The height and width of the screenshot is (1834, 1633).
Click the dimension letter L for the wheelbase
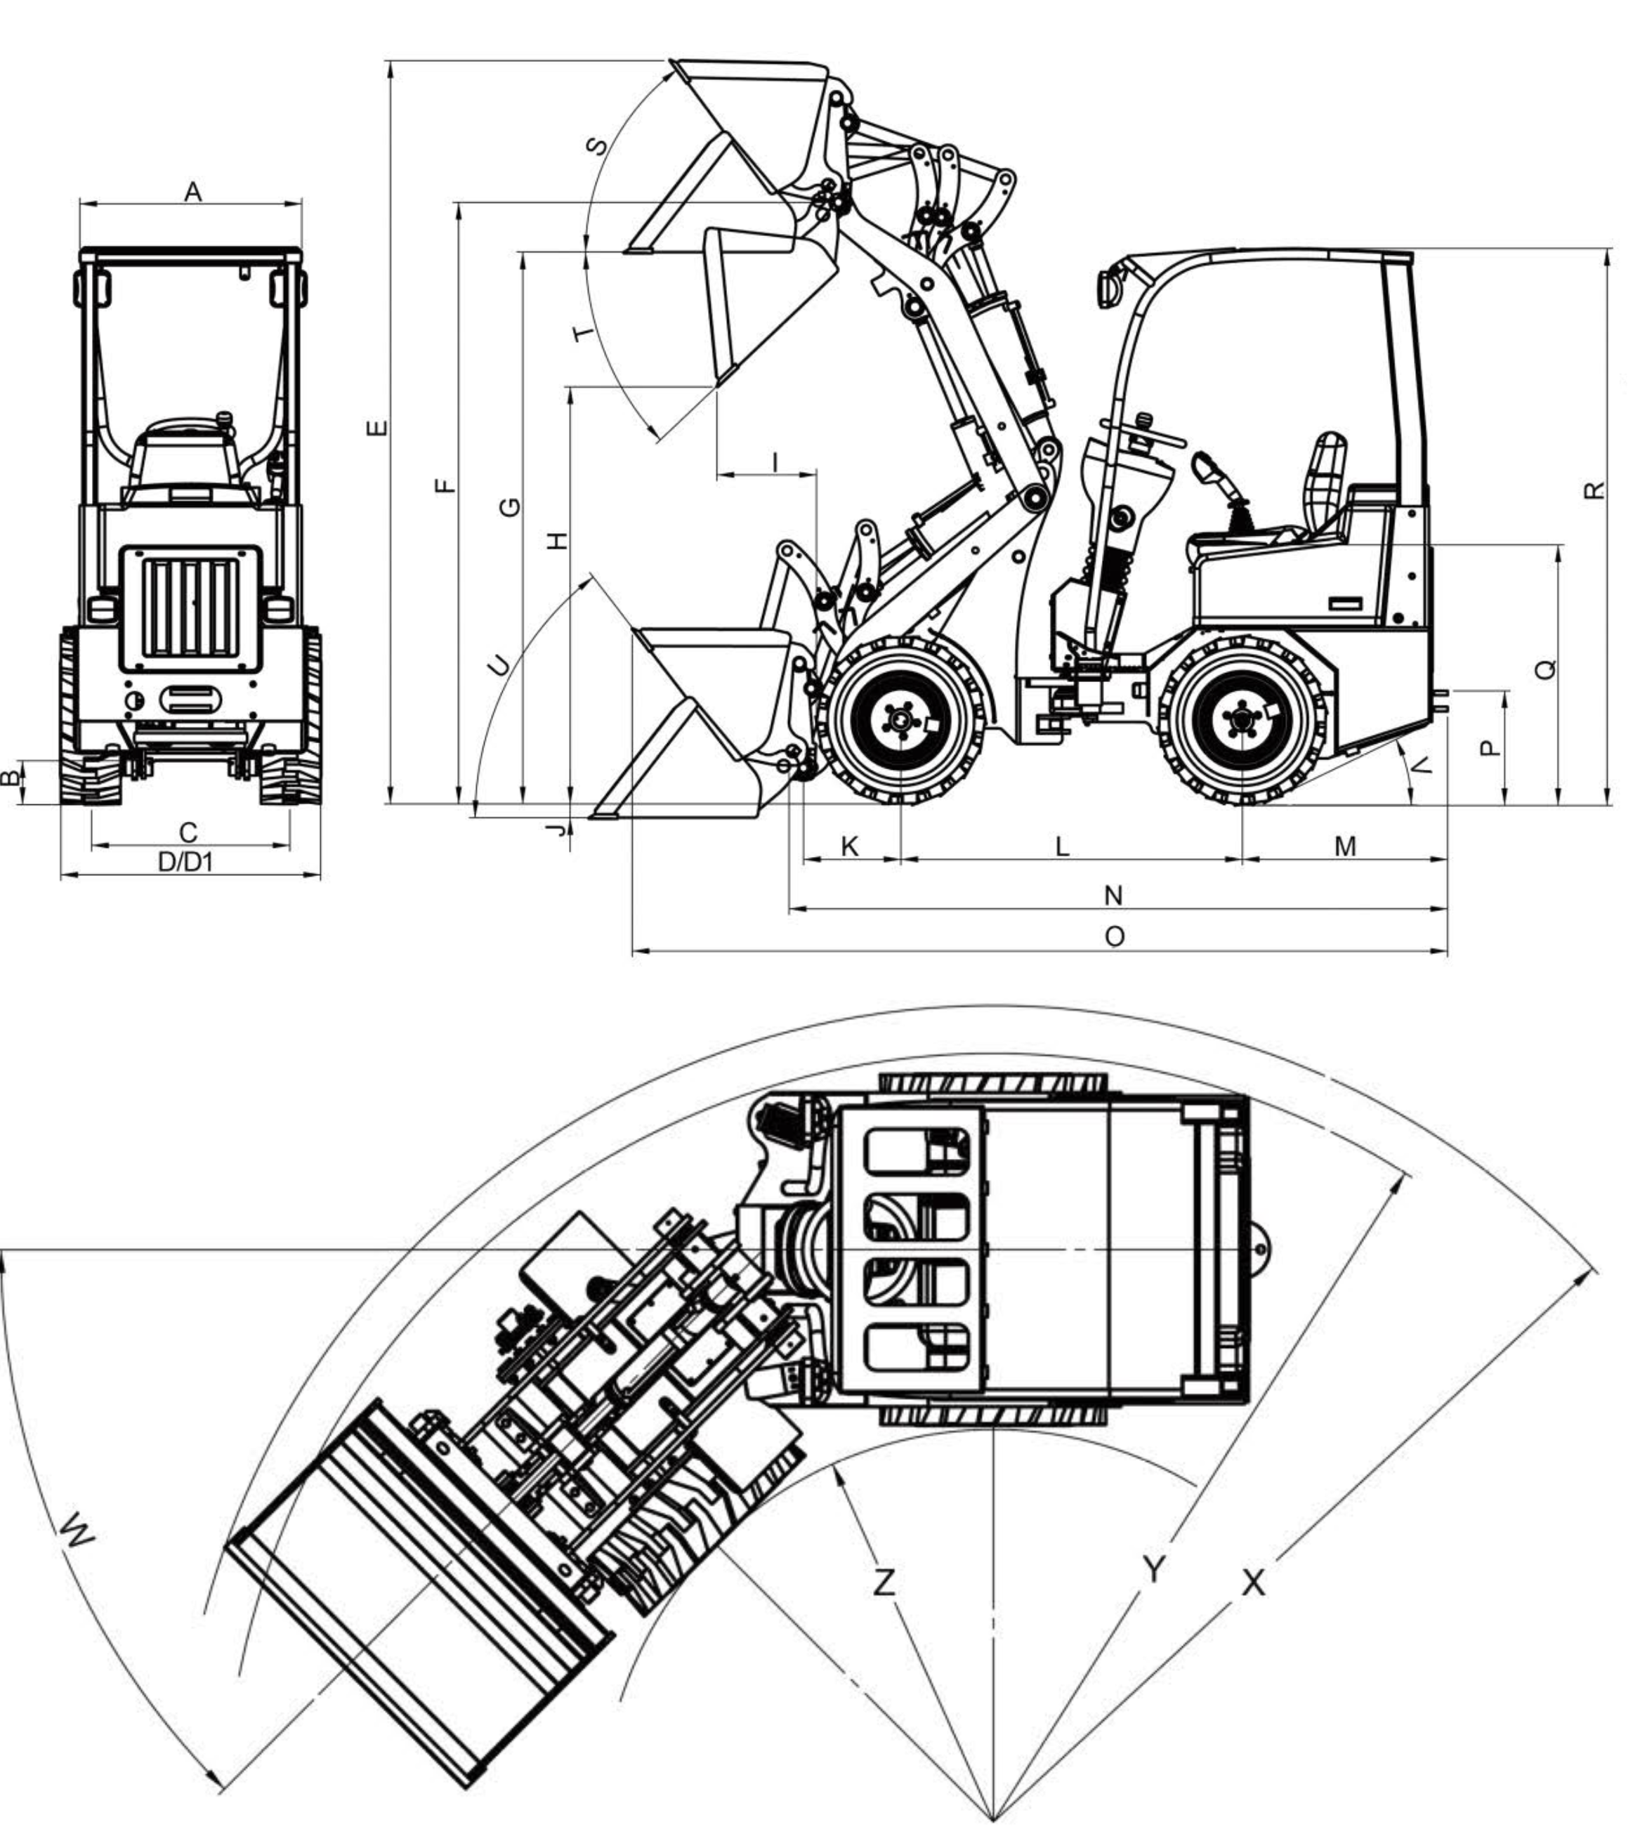click(x=1063, y=846)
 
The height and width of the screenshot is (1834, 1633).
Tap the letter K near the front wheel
click(x=851, y=846)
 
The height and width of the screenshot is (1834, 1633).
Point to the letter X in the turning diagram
click(x=1254, y=1583)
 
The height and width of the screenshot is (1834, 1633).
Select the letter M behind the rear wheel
click(x=1345, y=846)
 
